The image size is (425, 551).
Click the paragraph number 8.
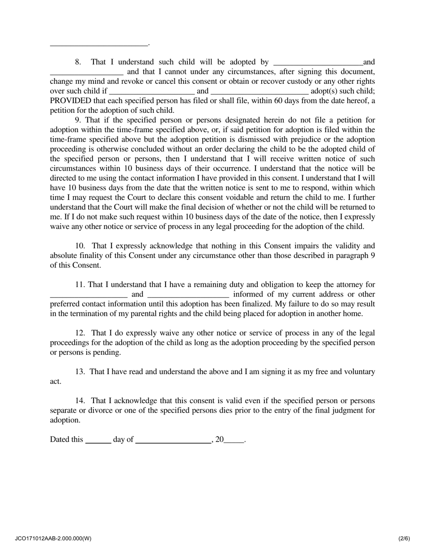[78, 62]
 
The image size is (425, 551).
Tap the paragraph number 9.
[78, 120]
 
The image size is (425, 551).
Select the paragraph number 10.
[80, 246]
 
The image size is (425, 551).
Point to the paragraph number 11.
[80, 285]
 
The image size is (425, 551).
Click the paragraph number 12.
[80, 333]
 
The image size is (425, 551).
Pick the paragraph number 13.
[80, 372]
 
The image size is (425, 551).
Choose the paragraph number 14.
[80, 401]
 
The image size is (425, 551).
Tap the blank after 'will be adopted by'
[318, 63]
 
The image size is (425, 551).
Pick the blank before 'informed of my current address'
[188, 296]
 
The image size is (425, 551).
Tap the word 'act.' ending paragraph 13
[55, 382]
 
